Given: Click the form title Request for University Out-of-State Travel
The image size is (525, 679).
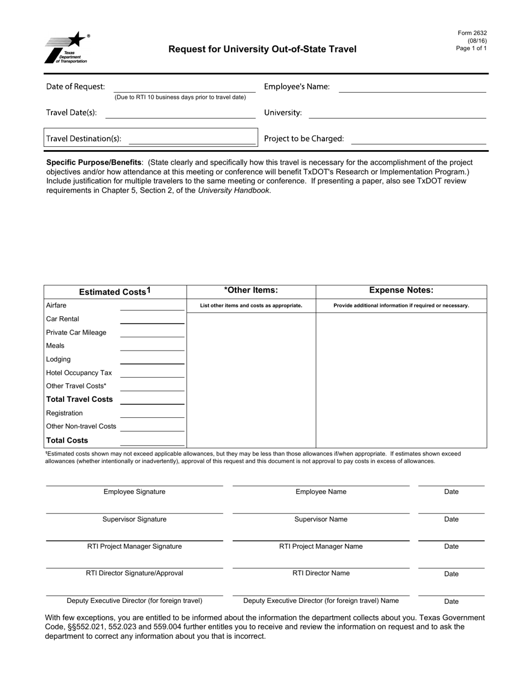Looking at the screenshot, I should pyautogui.click(x=262, y=49).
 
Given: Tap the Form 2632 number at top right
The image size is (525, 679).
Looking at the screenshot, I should pyautogui.click(x=472, y=33).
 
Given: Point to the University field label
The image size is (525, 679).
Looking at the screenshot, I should pyautogui.click(x=283, y=113).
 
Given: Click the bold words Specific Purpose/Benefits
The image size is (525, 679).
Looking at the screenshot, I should pyautogui.click(x=94, y=162).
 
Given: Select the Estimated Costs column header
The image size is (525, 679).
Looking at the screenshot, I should pyautogui.click(x=114, y=292).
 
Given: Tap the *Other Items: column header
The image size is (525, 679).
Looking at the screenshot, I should pyautogui.click(x=251, y=290).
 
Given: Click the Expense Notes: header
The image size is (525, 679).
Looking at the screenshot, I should pyautogui.click(x=401, y=290).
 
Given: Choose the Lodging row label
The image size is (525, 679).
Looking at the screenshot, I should pyautogui.click(x=59, y=359).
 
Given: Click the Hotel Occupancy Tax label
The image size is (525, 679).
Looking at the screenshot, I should pyautogui.click(x=79, y=373).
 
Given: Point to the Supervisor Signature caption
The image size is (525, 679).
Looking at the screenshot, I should pyautogui.click(x=134, y=519).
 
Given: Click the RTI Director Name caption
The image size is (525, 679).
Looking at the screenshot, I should pyautogui.click(x=321, y=573).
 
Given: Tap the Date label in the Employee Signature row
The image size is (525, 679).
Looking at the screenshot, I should pyautogui.click(x=452, y=492).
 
